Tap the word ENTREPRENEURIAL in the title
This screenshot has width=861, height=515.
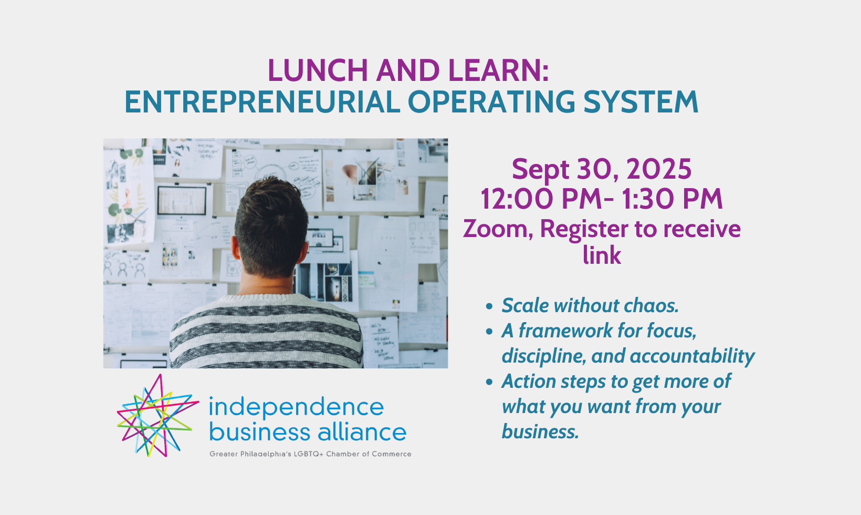262,102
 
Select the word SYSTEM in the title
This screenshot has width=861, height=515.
640,102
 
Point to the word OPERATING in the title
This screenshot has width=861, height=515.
491,102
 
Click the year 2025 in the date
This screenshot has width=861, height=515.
659,169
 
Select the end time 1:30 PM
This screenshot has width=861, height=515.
673,199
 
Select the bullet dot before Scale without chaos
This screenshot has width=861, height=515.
489,306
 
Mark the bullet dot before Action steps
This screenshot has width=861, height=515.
489,382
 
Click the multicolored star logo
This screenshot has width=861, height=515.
158,415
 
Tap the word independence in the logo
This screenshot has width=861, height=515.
296,407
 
